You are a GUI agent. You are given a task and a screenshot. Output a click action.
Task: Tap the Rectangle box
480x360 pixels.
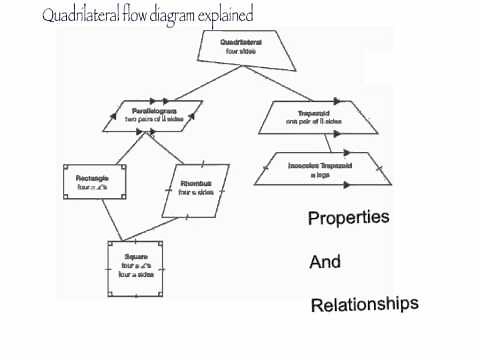pyautogui.click(x=92, y=183)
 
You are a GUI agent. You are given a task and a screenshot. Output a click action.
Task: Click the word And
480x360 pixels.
pyautogui.click(x=325, y=262)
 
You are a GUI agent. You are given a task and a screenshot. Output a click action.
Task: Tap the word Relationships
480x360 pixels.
pyautogui.click(x=364, y=303)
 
